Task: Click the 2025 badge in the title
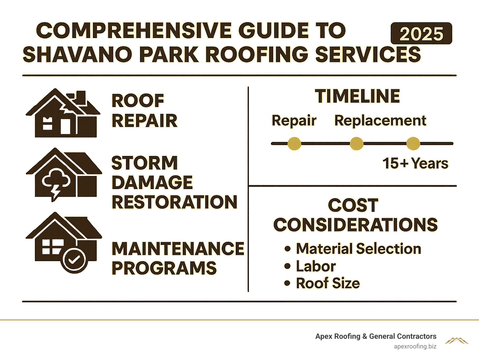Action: pyautogui.click(x=421, y=34)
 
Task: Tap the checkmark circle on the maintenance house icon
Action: pyautogui.click(x=74, y=260)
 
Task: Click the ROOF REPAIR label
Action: pyautogui.click(x=144, y=111)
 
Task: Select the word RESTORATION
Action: pyautogui.click(x=174, y=202)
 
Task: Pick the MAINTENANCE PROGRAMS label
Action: pyautogui.click(x=177, y=258)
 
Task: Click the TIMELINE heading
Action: pyautogui.click(x=357, y=96)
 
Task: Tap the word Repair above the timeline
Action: pyautogui.click(x=294, y=121)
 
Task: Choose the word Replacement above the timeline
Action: pyautogui.click(x=380, y=121)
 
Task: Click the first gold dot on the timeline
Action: pyautogui.click(x=294, y=144)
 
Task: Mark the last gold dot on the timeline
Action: pyautogui.click(x=413, y=144)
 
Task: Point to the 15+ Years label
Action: pyautogui.click(x=415, y=163)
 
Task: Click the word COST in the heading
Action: pyautogui.click(x=353, y=205)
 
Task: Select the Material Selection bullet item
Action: pyautogui.click(x=358, y=249)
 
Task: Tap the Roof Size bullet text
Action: pyautogui.click(x=328, y=283)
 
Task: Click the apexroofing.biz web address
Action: pyautogui.click(x=415, y=346)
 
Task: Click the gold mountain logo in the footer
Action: pyautogui.click(x=457, y=341)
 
